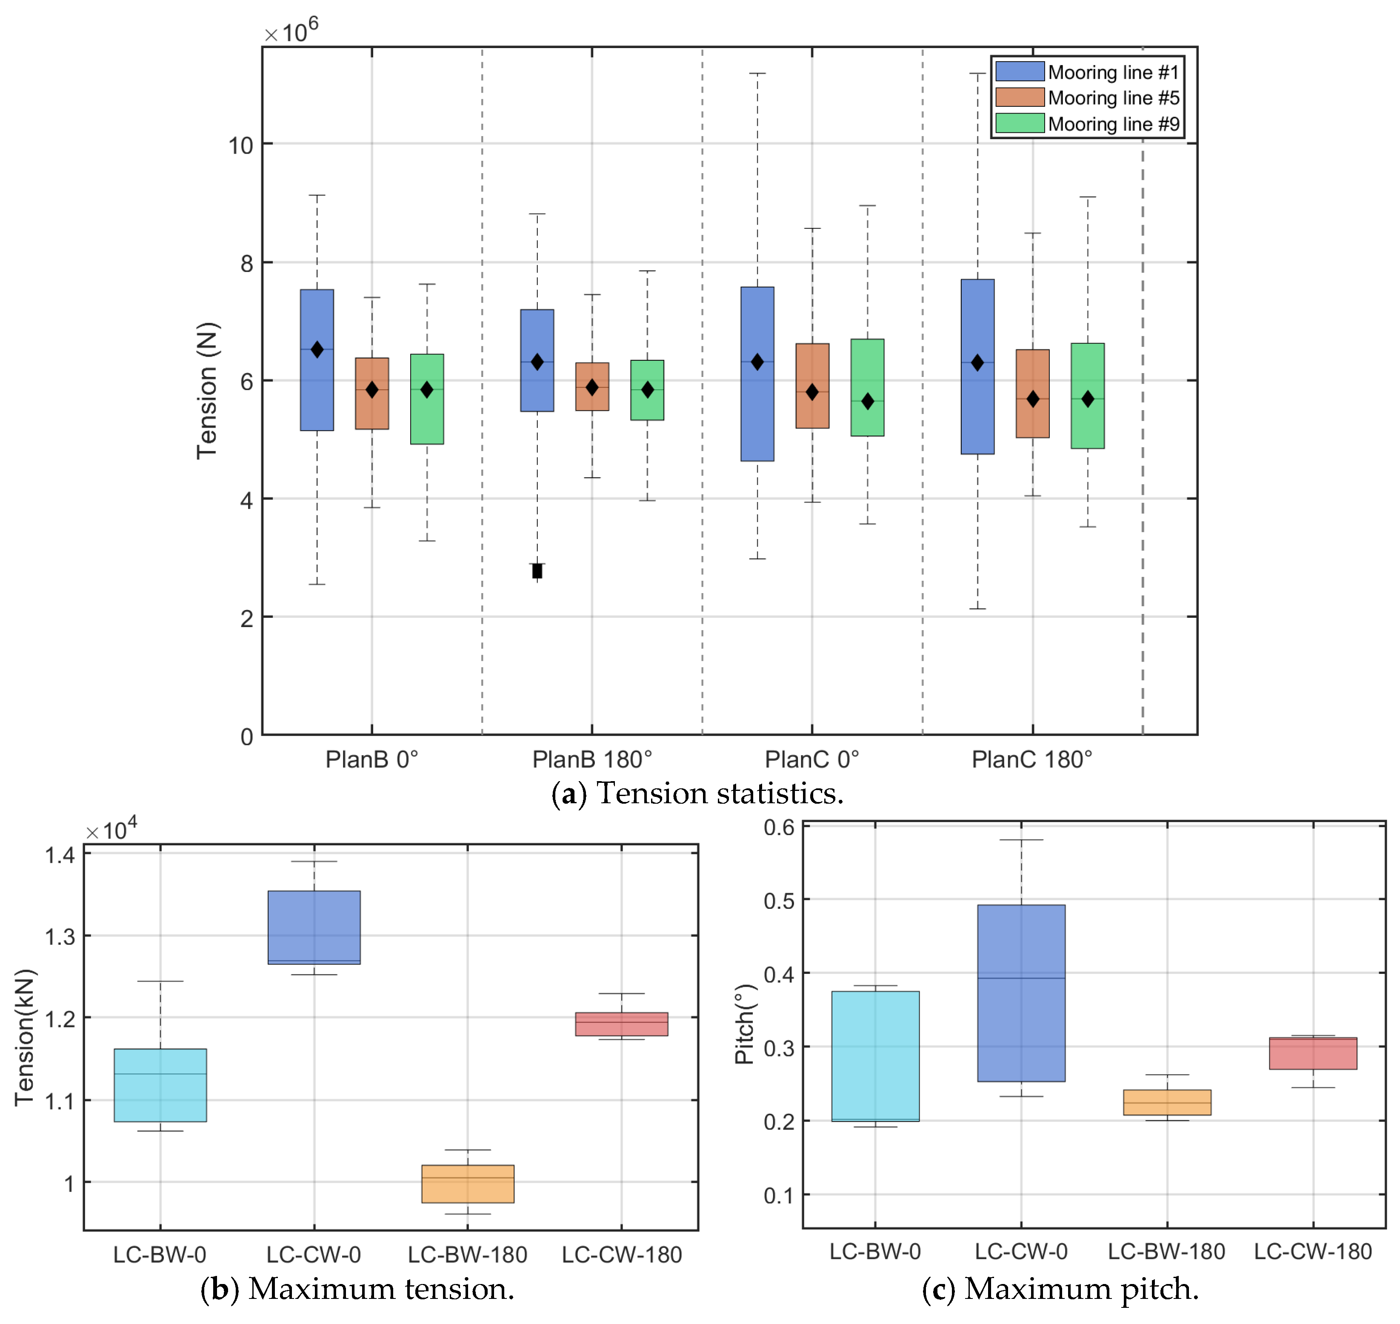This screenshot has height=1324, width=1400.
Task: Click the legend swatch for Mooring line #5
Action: [x=1020, y=97]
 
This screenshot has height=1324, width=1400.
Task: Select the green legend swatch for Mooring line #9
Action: [x=1020, y=123]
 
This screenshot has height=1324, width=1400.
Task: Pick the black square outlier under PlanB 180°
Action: [x=537, y=571]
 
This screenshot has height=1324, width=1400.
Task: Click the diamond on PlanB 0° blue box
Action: [x=317, y=349]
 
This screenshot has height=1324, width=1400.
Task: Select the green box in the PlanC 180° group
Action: [x=1087, y=396]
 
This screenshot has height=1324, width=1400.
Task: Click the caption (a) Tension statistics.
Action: [x=697, y=793]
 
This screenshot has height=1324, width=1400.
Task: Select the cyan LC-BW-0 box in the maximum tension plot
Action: [x=160, y=1085]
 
